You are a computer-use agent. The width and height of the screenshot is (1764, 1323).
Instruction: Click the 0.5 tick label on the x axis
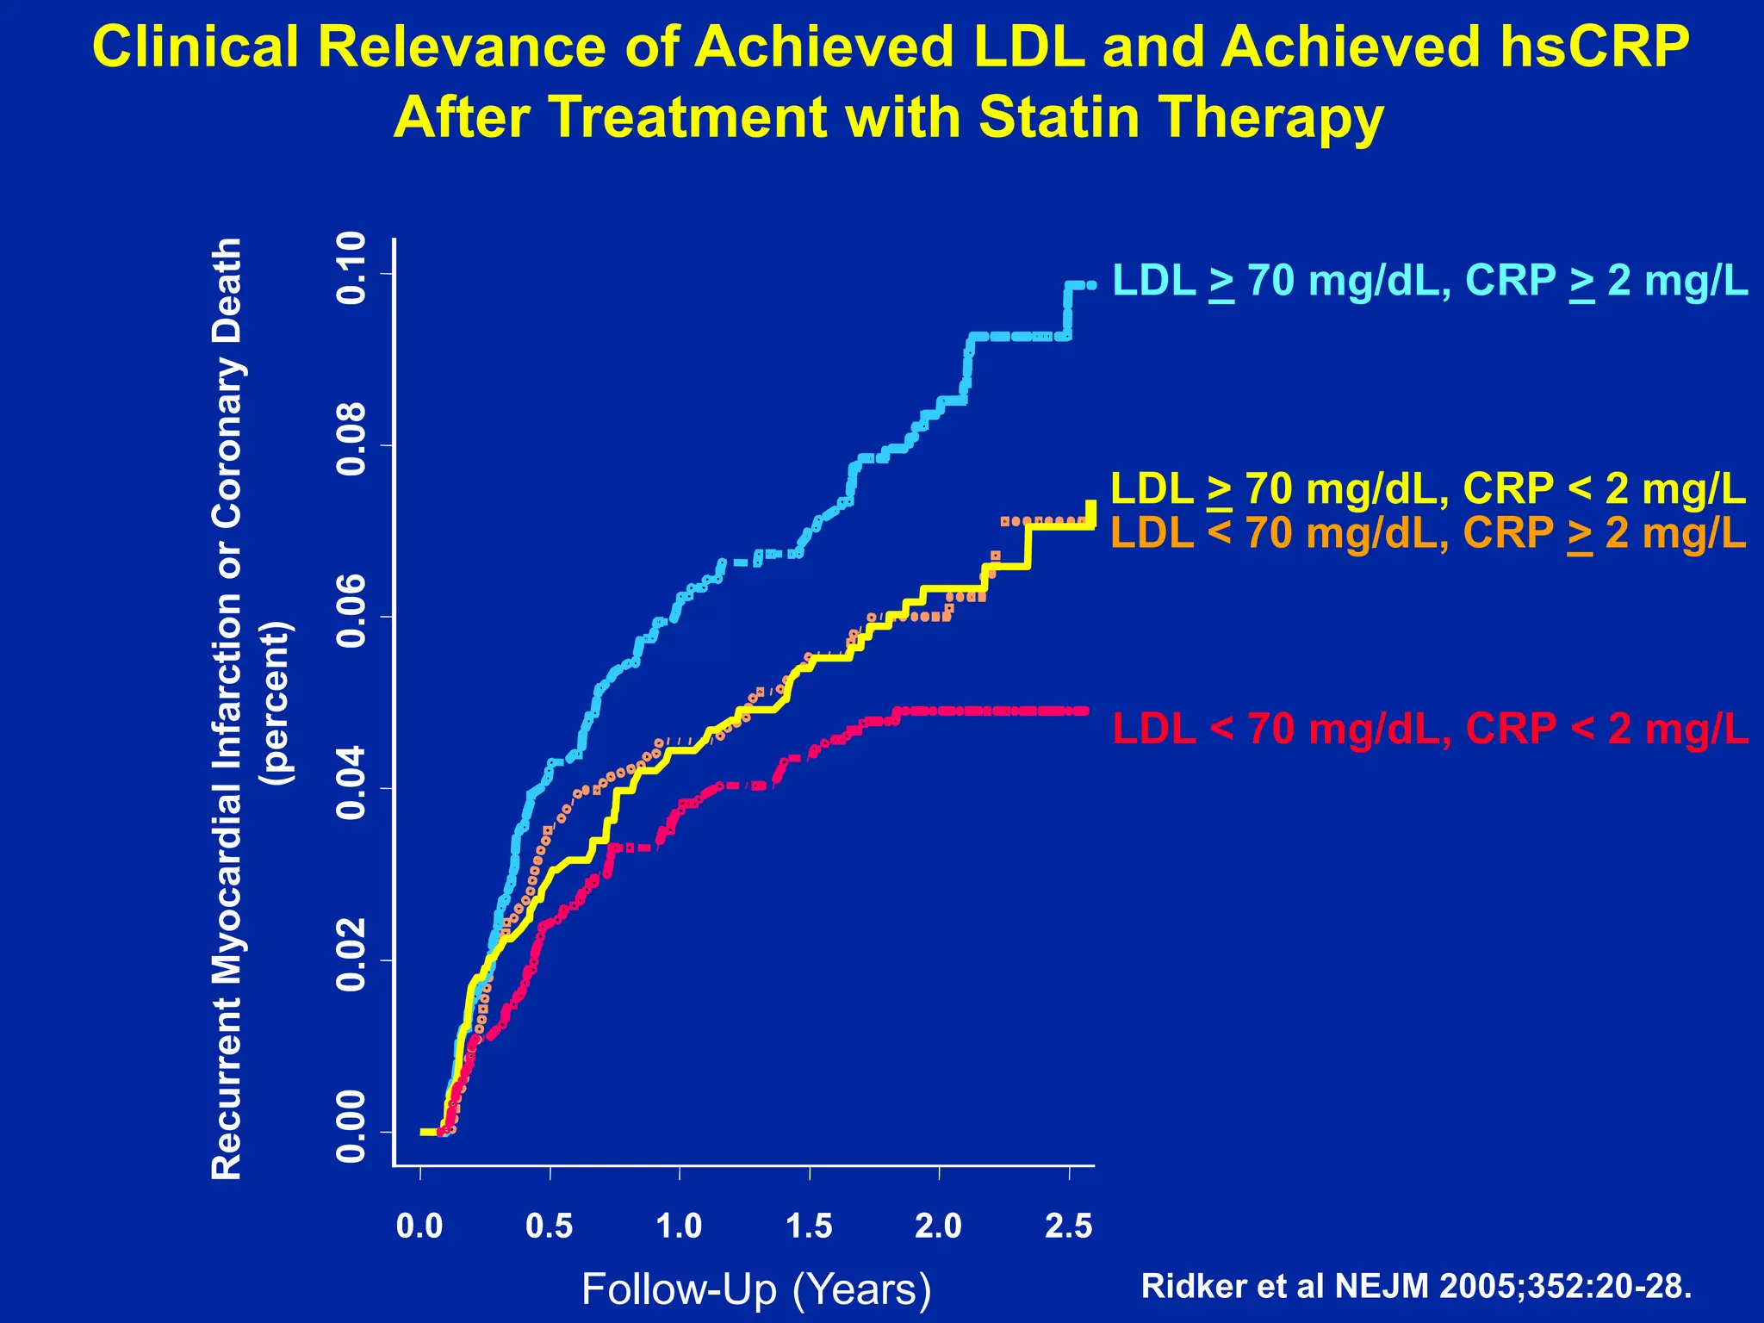coord(550,1226)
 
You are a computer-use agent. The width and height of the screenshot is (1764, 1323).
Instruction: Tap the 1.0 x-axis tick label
coord(680,1226)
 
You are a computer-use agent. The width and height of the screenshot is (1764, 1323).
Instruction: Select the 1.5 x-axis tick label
coord(810,1226)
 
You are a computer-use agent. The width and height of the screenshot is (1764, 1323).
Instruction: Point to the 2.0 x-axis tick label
coord(939,1226)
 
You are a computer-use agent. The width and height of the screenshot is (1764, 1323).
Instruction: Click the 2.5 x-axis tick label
coord(1069,1226)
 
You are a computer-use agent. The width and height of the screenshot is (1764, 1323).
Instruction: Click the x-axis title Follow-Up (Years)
coord(756,1289)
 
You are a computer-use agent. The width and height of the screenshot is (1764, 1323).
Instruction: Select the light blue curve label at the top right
coord(1430,281)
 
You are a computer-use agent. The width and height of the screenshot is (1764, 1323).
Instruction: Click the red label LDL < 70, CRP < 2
coord(1430,729)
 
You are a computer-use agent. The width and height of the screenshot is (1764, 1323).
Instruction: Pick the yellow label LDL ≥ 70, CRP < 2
coord(1428,489)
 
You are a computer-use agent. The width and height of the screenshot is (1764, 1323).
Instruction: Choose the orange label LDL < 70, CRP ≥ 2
coord(1428,533)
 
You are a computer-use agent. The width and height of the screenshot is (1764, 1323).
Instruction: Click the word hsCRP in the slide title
coord(1593,47)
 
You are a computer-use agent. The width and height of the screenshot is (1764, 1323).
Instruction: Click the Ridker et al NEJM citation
coord(1416,1286)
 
